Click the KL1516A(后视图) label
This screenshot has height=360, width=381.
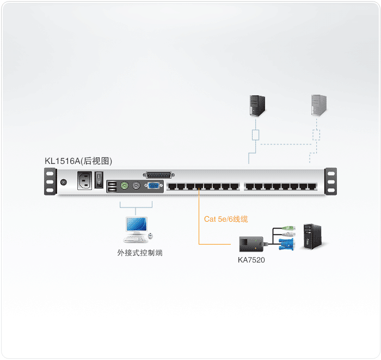tap(78, 161)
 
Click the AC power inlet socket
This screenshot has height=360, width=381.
tap(85, 180)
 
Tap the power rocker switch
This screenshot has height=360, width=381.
tap(99, 180)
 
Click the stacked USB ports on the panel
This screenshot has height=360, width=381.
tap(112, 187)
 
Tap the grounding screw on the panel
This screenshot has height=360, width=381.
tap(64, 182)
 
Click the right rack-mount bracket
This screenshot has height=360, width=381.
tap(330, 181)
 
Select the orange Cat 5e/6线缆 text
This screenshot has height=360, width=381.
tap(226, 219)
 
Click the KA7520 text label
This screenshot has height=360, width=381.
tap(251, 260)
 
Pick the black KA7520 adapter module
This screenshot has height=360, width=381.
tap(252, 242)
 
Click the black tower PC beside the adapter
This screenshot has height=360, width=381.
tap(310, 235)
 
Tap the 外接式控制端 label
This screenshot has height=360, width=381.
tap(139, 253)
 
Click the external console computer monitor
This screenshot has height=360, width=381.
tap(136, 225)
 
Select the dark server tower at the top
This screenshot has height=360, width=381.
tap(256, 105)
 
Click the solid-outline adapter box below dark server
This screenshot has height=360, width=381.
tap(255, 135)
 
